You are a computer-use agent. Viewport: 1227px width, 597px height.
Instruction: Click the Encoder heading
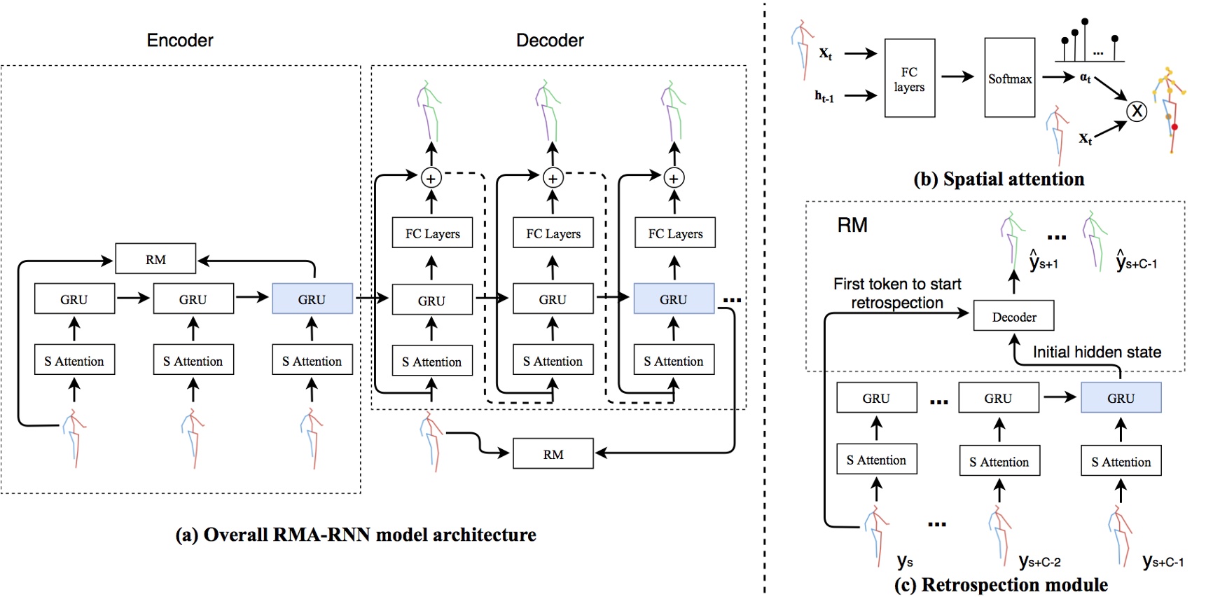point(180,41)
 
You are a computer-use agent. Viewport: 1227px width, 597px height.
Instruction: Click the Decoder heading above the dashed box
point(550,41)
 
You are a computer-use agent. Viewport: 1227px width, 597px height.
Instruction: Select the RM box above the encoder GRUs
point(155,259)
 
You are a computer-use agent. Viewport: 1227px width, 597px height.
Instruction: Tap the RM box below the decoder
point(553,454)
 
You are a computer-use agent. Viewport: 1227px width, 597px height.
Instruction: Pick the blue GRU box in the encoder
point(312,299)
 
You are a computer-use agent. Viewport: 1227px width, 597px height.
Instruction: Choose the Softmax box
point(1009,78)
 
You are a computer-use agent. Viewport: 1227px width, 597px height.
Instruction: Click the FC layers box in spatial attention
point(909,78)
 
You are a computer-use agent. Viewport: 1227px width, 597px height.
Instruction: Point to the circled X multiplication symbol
point(1137,111)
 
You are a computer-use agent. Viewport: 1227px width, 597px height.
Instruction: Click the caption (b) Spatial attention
point(999,179)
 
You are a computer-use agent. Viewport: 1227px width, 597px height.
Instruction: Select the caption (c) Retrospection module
point(1001,584)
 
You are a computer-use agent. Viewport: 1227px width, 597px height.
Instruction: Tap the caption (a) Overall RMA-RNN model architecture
point(356,535)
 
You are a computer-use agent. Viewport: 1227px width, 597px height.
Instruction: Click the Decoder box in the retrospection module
point(1013,317)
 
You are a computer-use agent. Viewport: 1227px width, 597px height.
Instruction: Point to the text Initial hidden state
point(1097,352)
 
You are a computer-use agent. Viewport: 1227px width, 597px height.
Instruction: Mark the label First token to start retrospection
point(897,293)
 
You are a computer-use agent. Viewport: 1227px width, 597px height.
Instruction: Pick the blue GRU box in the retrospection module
point(1121,398)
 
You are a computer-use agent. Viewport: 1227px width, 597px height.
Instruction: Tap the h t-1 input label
point(824,97)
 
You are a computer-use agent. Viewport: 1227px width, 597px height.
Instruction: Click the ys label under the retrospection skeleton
point(905,562)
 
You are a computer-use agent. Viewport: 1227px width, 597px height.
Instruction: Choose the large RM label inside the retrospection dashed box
point(852,225)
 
